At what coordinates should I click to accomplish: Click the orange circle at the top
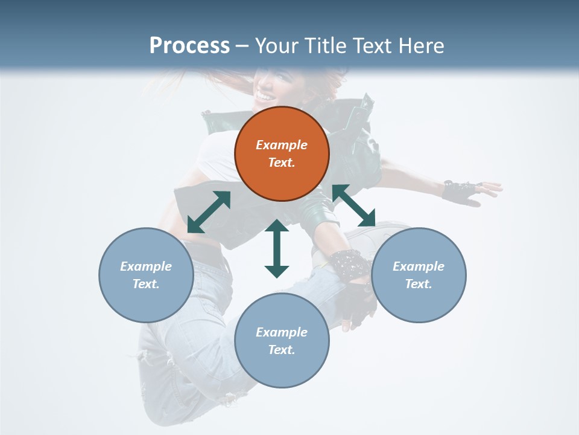point(282,153)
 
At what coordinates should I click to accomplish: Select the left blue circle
point(146,275)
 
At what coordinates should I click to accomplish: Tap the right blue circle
point(419,275)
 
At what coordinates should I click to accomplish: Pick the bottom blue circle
point(282,341)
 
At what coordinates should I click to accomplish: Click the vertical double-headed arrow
point(277,248)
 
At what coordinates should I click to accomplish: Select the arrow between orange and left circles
point(209,212)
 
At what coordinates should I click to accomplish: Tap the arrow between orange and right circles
point(353,206)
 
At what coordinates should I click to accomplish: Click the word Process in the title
point(189,45)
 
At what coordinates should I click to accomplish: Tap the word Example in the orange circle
point(282,145)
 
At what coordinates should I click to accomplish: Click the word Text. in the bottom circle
point(282,350)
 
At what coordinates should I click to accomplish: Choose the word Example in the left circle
point(146,266)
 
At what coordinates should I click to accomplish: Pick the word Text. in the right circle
point(419,284)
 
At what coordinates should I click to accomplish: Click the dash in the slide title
point(242,46)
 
